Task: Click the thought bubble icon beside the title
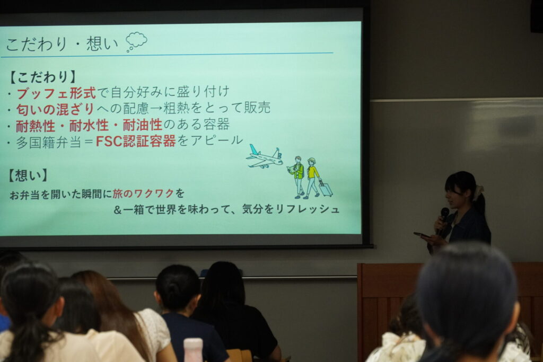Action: pos(136,41)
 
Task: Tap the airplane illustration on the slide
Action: pos(264,157)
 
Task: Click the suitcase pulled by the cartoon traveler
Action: pos(326,188)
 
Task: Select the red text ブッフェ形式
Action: pos(56,93)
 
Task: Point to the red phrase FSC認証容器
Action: pos(136,141)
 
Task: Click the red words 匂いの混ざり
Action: pos(55,109)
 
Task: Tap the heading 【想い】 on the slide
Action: pos(28,175)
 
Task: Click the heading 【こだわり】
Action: pos(42,77)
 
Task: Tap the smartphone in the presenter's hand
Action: pos(422,235)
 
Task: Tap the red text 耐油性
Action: pos(143,125)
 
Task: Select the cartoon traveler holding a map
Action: pos(297,177)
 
